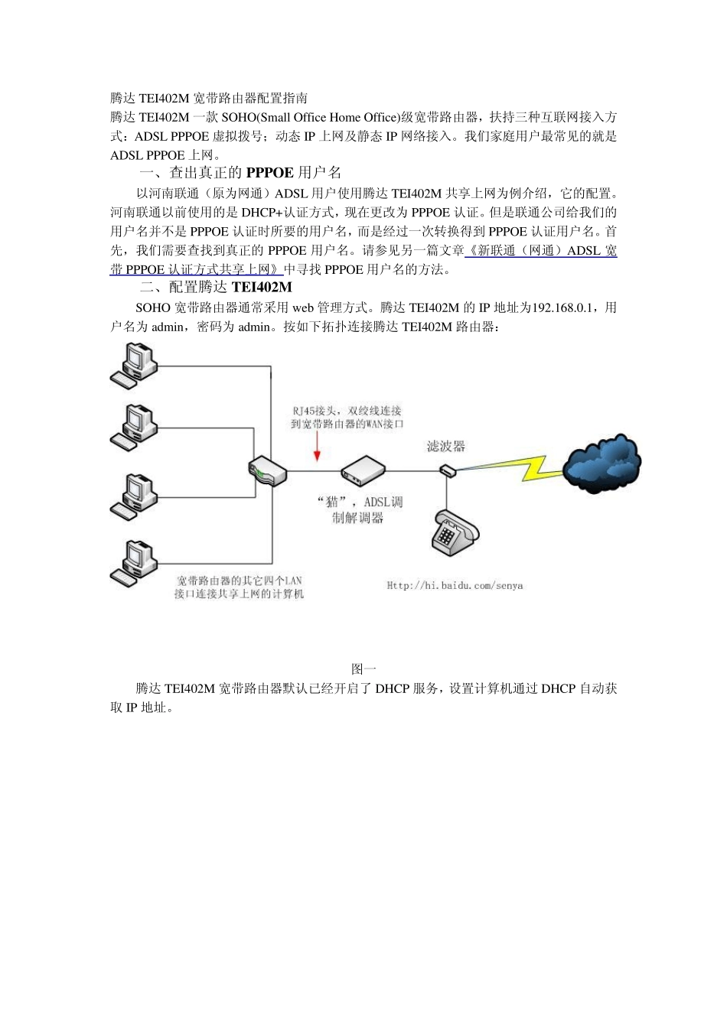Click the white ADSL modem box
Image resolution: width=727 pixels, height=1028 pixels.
point(362,470)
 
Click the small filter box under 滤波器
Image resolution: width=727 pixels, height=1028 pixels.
point(448,470)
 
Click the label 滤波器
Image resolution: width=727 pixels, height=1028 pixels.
point(446,446)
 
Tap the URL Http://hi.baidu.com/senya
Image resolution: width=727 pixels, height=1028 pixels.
point(455,586)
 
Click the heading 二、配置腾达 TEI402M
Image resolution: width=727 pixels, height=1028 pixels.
point(215,288)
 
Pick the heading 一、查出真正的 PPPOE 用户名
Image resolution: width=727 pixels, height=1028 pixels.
point(240,173)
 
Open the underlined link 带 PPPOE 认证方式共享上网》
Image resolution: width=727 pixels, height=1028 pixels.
point(196,269)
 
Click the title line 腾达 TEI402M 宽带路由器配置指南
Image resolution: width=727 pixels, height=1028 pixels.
point(209,98)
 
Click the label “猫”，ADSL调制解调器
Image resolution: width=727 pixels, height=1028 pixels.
point(359,510)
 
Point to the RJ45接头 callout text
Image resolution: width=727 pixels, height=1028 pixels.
point(346,417)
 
